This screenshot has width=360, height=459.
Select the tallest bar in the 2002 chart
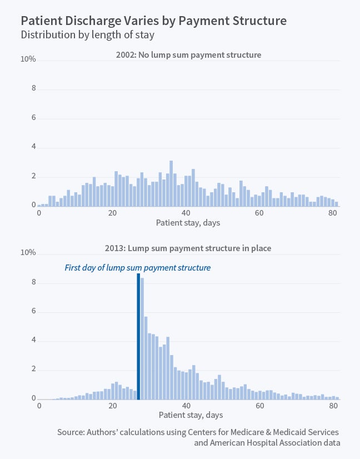coord(171,183)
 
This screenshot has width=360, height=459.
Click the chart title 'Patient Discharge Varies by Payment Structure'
coord(154,21)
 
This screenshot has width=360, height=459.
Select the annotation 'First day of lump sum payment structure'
coord(138,268)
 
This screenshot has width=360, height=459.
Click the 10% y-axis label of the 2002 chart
coord(28,59)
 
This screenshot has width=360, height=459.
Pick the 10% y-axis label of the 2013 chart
coord(28,253)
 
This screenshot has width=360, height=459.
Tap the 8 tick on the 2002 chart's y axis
coord(33,89)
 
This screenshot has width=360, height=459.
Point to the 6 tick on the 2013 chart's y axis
coord(33,312)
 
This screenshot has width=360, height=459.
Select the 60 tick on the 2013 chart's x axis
coord(259,407)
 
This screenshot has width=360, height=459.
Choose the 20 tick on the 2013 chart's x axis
coord(113,407)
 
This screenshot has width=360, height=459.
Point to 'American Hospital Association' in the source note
coord(263,443)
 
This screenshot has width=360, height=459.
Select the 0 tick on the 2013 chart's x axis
coord(39,407)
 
